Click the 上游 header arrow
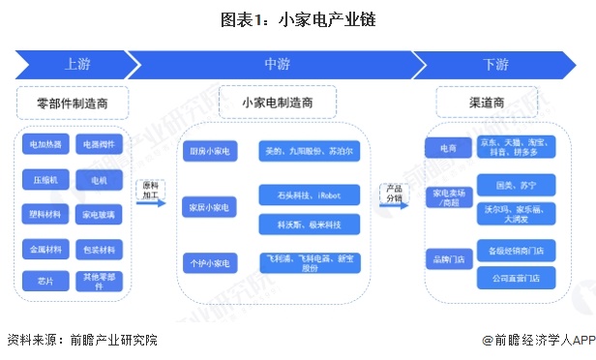77,64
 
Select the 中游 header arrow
276,64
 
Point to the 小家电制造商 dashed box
277,102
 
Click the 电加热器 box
45,145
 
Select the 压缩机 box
45,180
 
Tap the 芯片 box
45,281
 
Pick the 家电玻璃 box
100,214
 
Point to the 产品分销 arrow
394,194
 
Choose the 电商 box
447,147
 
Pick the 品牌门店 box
447,259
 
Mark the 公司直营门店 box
515,279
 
